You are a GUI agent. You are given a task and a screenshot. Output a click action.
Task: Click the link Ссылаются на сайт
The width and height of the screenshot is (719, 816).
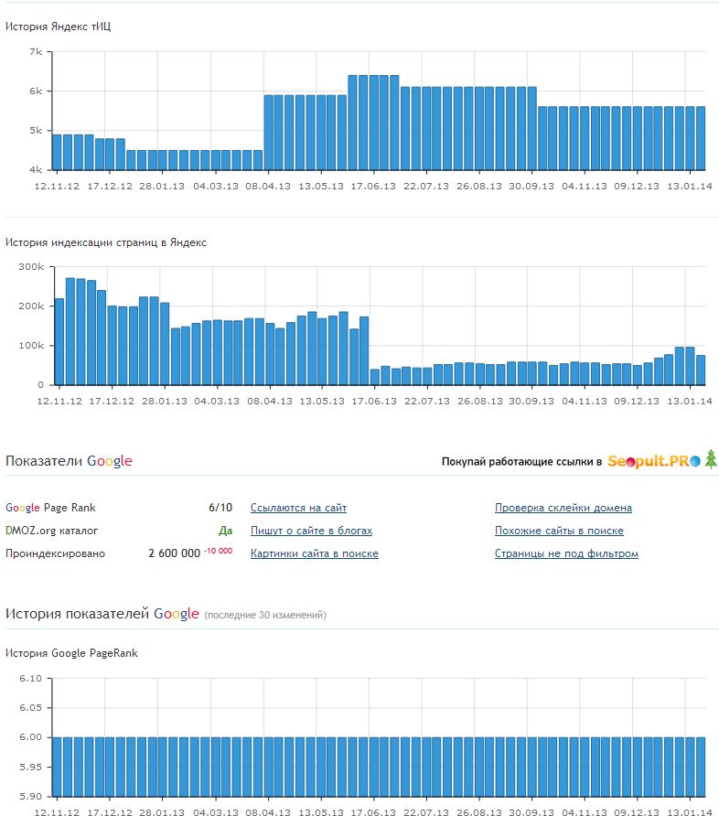coord(298,508)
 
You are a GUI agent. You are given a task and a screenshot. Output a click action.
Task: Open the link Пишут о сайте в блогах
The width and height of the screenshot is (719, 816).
coord(311,531)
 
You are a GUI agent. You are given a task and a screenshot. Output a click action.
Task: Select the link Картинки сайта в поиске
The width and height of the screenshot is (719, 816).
coord(314,553)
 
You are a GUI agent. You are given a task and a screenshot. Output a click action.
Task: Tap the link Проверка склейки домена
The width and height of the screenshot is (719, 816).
coord(563,508)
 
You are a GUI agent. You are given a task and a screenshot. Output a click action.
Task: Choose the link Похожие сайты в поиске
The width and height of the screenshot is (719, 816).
coord(559,531)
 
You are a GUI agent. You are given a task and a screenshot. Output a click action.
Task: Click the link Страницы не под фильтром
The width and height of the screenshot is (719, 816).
coord(566,553)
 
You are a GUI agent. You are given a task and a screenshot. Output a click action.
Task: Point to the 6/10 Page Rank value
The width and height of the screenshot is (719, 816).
coord(220,508)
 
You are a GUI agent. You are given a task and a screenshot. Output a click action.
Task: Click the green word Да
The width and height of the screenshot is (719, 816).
coord(225,531)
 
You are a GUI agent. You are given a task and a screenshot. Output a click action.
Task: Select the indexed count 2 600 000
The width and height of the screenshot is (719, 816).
coord(174,553)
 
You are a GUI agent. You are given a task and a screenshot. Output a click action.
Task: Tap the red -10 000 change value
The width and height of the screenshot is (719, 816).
coord(218,552)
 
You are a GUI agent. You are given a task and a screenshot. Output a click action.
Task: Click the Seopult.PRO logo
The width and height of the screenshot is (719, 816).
coord(654,461)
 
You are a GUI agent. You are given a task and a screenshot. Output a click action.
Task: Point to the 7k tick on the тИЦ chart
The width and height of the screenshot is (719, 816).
coord(37,52)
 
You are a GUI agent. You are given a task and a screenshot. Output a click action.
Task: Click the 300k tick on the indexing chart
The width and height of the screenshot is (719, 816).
coord(31,267)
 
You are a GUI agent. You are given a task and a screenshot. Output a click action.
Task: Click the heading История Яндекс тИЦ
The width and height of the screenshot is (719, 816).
coord(59,26)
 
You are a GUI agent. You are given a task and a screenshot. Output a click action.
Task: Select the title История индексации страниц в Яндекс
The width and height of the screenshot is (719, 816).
coord(106,242)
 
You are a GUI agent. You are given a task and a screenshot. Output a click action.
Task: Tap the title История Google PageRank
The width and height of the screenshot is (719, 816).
coord(71,653)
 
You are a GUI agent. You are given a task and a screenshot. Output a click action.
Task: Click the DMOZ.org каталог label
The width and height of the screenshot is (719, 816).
coord(51,531)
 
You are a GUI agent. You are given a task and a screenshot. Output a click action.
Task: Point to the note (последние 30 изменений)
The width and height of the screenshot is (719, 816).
coord(264,615)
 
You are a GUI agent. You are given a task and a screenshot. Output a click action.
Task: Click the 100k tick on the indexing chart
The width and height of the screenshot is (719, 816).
coord(31,346)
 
